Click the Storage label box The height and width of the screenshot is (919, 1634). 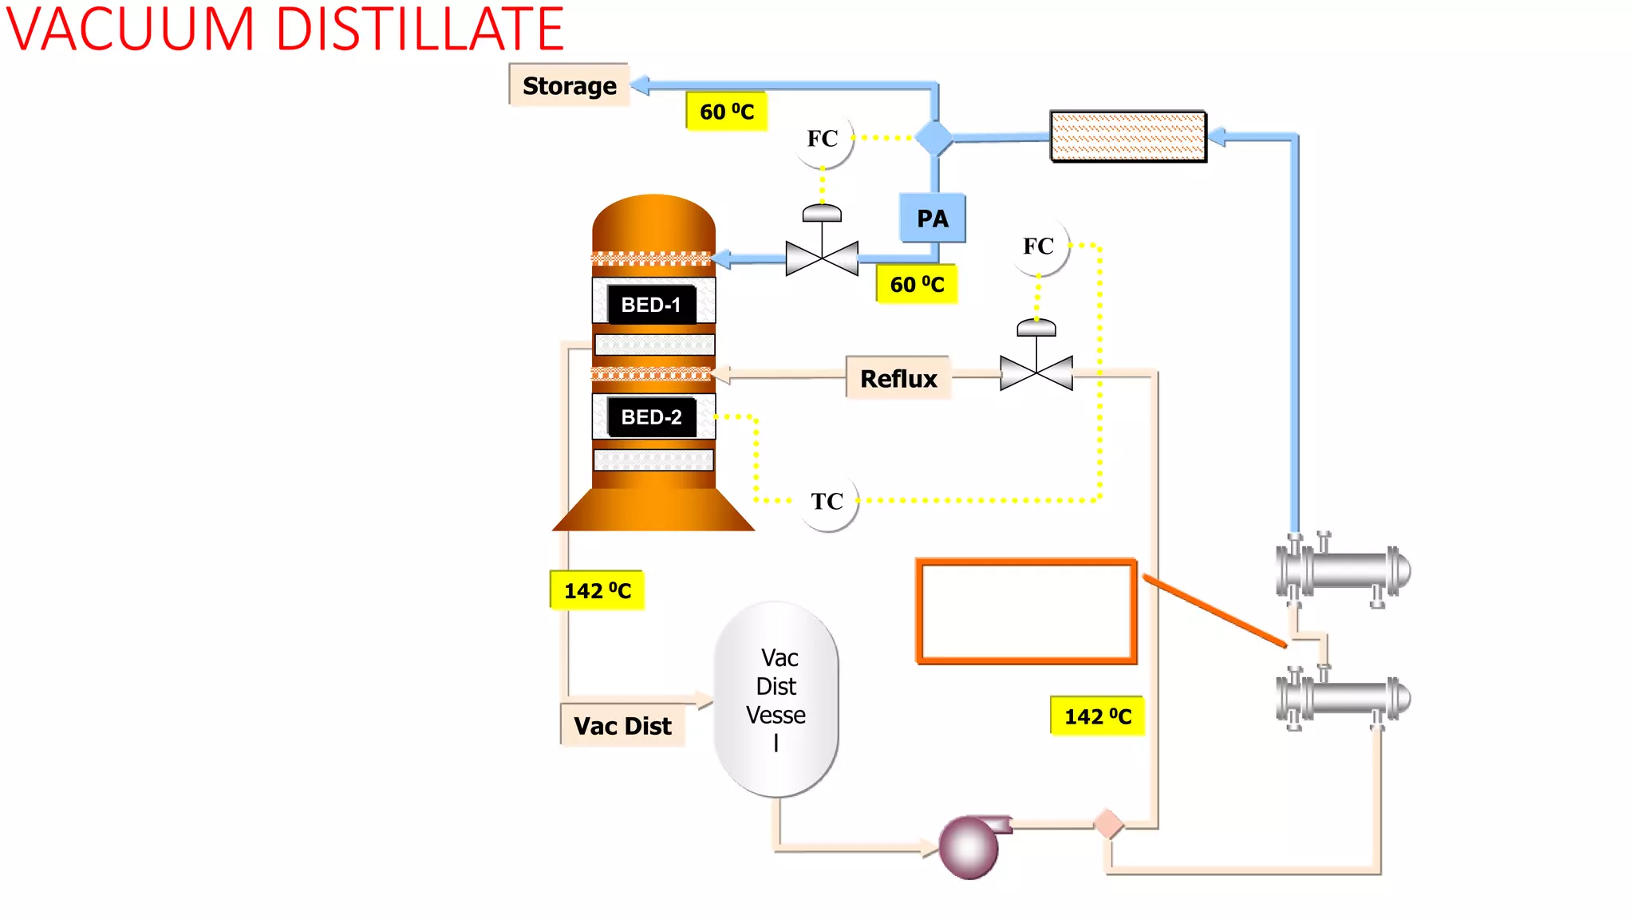coord(569,85)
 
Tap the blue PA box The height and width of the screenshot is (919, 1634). coord(932,218)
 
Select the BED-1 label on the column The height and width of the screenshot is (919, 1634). coord(651,305)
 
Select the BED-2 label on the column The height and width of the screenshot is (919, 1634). coord(651,417)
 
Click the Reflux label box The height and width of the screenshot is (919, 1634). coord(898,378)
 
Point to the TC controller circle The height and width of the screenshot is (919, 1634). coord(827,501)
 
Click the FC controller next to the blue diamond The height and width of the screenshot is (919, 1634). coord(823,139)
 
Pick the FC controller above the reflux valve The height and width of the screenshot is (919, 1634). coord(1038,247)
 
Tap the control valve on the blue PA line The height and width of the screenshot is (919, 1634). coord(822,255)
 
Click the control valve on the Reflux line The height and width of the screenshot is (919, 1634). coord(1036,371)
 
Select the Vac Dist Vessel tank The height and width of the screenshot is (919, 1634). coord(776,699)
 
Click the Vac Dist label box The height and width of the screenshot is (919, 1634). coord(622,725)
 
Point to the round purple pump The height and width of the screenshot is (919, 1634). coord(969,847)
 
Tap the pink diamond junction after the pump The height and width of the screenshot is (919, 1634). coord(1108,824)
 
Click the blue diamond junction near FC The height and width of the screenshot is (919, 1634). coord(933,139)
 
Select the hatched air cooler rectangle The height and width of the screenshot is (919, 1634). coord(1127,136)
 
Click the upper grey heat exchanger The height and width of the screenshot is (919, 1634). coord(1343,570)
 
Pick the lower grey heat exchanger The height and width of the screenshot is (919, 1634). coord(1343,698)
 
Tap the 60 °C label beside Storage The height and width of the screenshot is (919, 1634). coord(726,112)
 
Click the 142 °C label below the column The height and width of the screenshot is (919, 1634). coord(597,590)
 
